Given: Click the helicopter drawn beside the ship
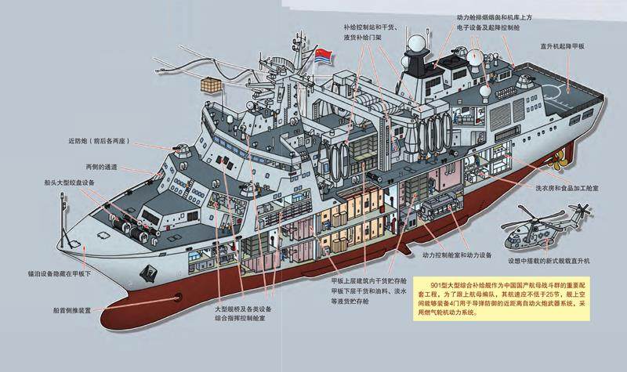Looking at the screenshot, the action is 552,228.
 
